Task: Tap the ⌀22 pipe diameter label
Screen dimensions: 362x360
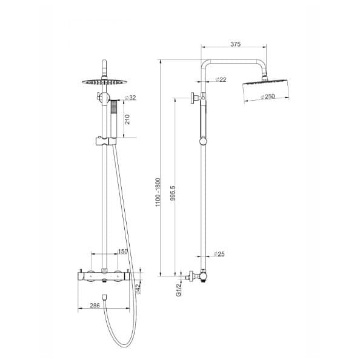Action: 221,80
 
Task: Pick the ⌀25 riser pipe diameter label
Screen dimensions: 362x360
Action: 219,254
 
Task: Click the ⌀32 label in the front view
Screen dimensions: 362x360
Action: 129,98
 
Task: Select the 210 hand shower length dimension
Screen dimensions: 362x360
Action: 128,119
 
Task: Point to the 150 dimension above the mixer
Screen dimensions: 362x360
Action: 123,252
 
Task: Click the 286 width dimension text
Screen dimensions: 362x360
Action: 94,306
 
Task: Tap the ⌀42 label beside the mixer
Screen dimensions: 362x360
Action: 139,289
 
